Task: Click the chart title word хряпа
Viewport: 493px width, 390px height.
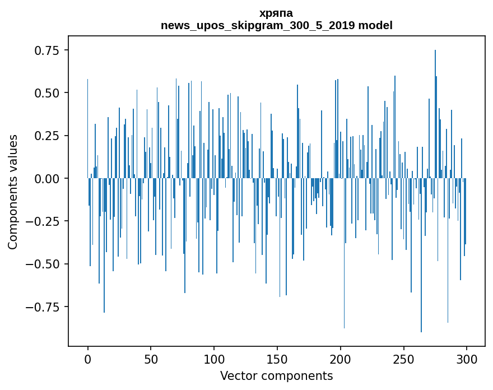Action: click(276, 13)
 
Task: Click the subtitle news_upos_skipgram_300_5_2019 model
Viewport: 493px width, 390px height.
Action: click(276, 25)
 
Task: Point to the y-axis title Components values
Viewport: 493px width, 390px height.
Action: click(13, 192)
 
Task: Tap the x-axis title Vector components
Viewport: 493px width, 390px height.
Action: click(276, 376)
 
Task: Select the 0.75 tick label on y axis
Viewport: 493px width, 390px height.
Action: click(47, 50)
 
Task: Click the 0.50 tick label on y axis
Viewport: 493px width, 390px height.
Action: click(47, 93)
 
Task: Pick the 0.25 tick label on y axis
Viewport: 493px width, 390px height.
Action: click(47, 136)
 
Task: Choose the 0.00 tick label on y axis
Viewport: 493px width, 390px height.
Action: click(47, 178)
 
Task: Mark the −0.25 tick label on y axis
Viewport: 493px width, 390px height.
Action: click(44, 221)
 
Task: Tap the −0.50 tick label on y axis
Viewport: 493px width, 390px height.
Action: click(44, 264)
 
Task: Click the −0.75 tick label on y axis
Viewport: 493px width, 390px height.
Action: click(44, 307)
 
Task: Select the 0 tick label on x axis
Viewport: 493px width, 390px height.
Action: click(87, 360)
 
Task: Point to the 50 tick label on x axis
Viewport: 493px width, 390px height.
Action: click(151, 360)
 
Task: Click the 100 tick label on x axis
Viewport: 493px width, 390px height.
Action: click(214, 360)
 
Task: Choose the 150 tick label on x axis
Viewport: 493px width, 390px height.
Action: click(277, 360)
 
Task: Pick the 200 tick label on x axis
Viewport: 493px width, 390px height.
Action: click(340, 360)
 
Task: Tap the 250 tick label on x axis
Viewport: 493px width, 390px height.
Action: click(403, 360)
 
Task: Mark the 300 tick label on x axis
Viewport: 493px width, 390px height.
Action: click(467, 360)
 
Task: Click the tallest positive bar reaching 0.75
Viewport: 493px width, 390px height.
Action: click(435, 112)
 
